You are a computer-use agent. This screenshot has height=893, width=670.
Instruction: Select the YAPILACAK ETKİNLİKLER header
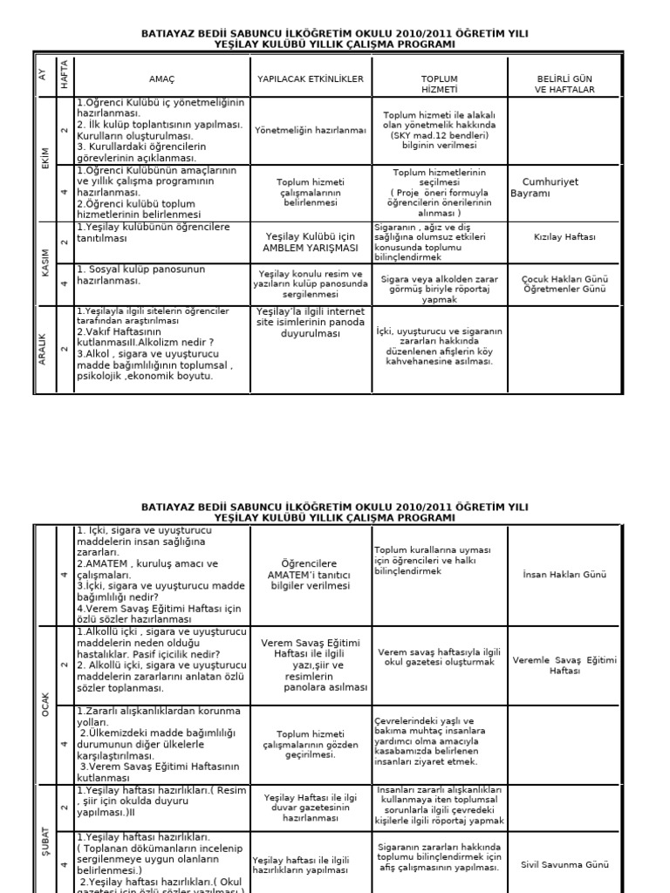(310, 79)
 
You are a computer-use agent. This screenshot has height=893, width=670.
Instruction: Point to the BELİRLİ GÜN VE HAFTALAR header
(564, 84)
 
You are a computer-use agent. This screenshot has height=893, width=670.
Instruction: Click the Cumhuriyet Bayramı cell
(550, 187)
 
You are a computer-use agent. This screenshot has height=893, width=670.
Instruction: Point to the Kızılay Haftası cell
(564, 236)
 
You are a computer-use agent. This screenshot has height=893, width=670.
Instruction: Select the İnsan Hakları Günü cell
(564, 575)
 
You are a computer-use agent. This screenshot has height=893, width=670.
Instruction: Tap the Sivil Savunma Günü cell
(564, 864)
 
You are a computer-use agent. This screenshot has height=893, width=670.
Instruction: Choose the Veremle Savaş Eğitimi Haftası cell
(564, 665)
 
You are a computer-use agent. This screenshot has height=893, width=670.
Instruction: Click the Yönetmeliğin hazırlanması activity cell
(310, 130)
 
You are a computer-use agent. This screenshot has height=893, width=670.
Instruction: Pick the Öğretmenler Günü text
(564, 289)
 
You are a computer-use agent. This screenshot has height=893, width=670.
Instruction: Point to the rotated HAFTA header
(64, 74)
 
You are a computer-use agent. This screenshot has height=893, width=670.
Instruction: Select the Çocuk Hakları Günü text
(564, 279)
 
